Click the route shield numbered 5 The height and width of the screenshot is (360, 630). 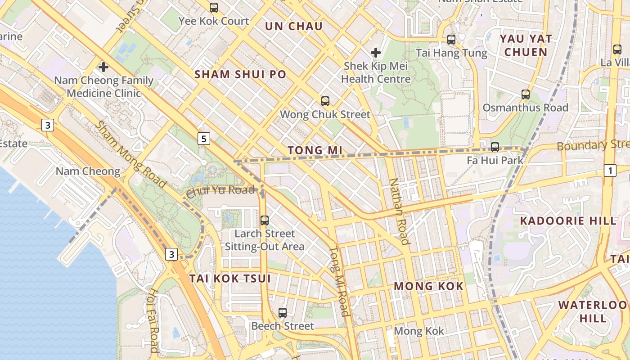click(x=204, y=139)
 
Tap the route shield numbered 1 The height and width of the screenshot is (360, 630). click(x=610, y=171)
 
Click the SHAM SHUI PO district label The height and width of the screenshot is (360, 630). click(x=240, y=74)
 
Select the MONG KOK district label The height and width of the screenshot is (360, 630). click(x=428, y=286)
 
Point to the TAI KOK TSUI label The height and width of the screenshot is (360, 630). click(x=230, y=279)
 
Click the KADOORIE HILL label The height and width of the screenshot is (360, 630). click(x=568, y=221)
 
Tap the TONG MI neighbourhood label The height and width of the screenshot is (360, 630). click(x=315, y=150)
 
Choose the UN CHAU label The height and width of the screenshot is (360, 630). click(x=294, y=26)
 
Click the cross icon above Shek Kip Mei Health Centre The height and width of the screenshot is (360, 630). click(x=376, y=53)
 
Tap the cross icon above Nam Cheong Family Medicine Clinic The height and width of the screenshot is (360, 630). click(x=103, y=67)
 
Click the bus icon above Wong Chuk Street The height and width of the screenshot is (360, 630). click(x=325, y=101)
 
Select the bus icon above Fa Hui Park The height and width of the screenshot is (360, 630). click(x=495, y=147)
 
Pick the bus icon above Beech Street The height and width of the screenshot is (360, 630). click(x=282, y=312)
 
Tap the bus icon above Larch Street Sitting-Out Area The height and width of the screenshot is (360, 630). click(x=265, y=220)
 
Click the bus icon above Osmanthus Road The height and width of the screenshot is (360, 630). click(x=525, y=94)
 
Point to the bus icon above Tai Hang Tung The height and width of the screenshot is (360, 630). click(x=451, y=40)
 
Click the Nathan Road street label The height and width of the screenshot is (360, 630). click(x=399, y=211)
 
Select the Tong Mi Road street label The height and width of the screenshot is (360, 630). click(x=339, y=281)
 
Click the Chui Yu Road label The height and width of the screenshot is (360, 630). click(x=220, y=191)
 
